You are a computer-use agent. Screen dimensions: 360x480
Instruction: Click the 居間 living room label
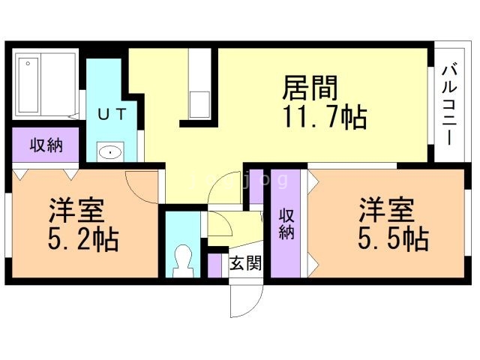click(x=310, y=88)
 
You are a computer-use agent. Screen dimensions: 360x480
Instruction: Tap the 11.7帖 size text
click(x=325, y=118)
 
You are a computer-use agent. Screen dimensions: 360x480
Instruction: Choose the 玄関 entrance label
click(x=244, y=263)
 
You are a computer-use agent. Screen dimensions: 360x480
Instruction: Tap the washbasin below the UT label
click(x=111, y=152)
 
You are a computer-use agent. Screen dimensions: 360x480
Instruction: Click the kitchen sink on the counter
click(x=199, y=104)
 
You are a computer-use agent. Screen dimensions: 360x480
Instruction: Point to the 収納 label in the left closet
click(x=45, y=145)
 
